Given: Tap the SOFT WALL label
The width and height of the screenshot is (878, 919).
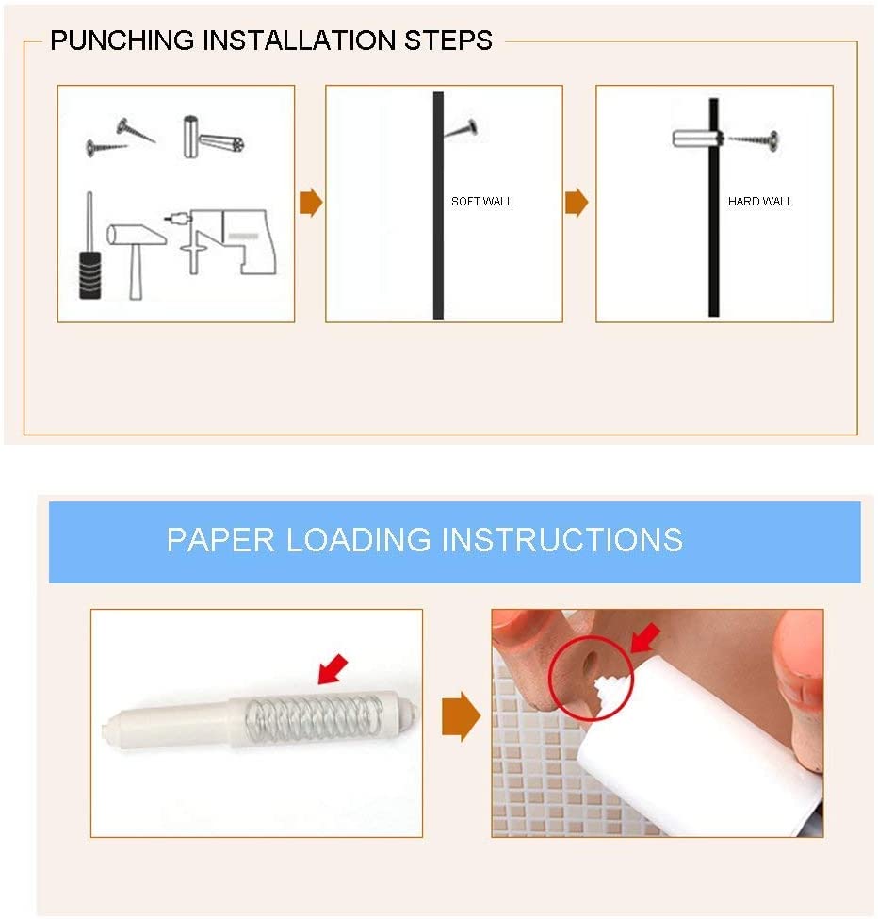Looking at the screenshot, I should [482, 202].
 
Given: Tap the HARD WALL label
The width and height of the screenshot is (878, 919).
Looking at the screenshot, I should [760, 202].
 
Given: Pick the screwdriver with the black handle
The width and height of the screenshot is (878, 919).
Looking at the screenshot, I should [89, 254].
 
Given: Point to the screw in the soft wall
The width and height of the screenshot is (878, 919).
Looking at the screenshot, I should [461, 128].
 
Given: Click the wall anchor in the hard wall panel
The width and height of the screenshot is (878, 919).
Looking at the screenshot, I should [695, 139].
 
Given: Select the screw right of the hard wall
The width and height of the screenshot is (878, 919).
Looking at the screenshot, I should [755, 139].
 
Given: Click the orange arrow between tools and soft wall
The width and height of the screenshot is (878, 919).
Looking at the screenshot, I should [310, 203].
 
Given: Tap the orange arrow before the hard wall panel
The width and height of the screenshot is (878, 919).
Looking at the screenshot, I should [577, 203].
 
